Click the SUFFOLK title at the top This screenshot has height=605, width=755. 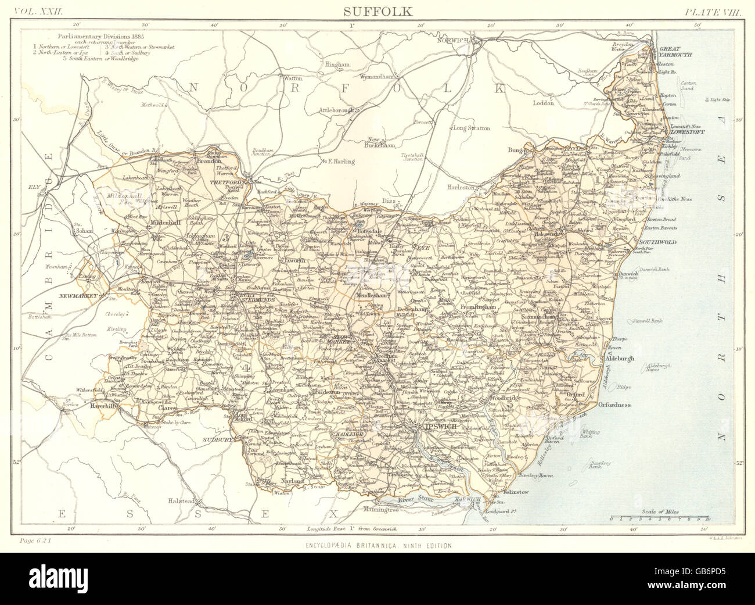[377, 10]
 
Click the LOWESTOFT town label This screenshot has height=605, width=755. [685, 132]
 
